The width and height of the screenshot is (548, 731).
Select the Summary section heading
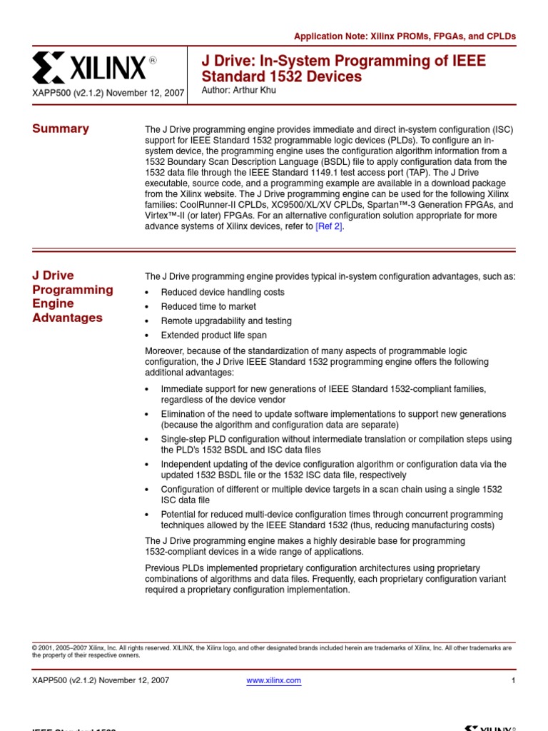tap(61, 128)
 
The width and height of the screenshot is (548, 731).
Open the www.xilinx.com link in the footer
tap(273, 680)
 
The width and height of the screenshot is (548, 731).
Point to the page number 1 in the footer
tap(513, 680)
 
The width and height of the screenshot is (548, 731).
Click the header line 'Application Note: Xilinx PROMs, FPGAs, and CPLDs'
tap(405, 36)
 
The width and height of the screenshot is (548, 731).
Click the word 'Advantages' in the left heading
tap(67, 318)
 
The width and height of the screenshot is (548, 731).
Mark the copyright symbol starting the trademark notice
tap(34, 648)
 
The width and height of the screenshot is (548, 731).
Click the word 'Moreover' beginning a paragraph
tap(165, 351)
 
